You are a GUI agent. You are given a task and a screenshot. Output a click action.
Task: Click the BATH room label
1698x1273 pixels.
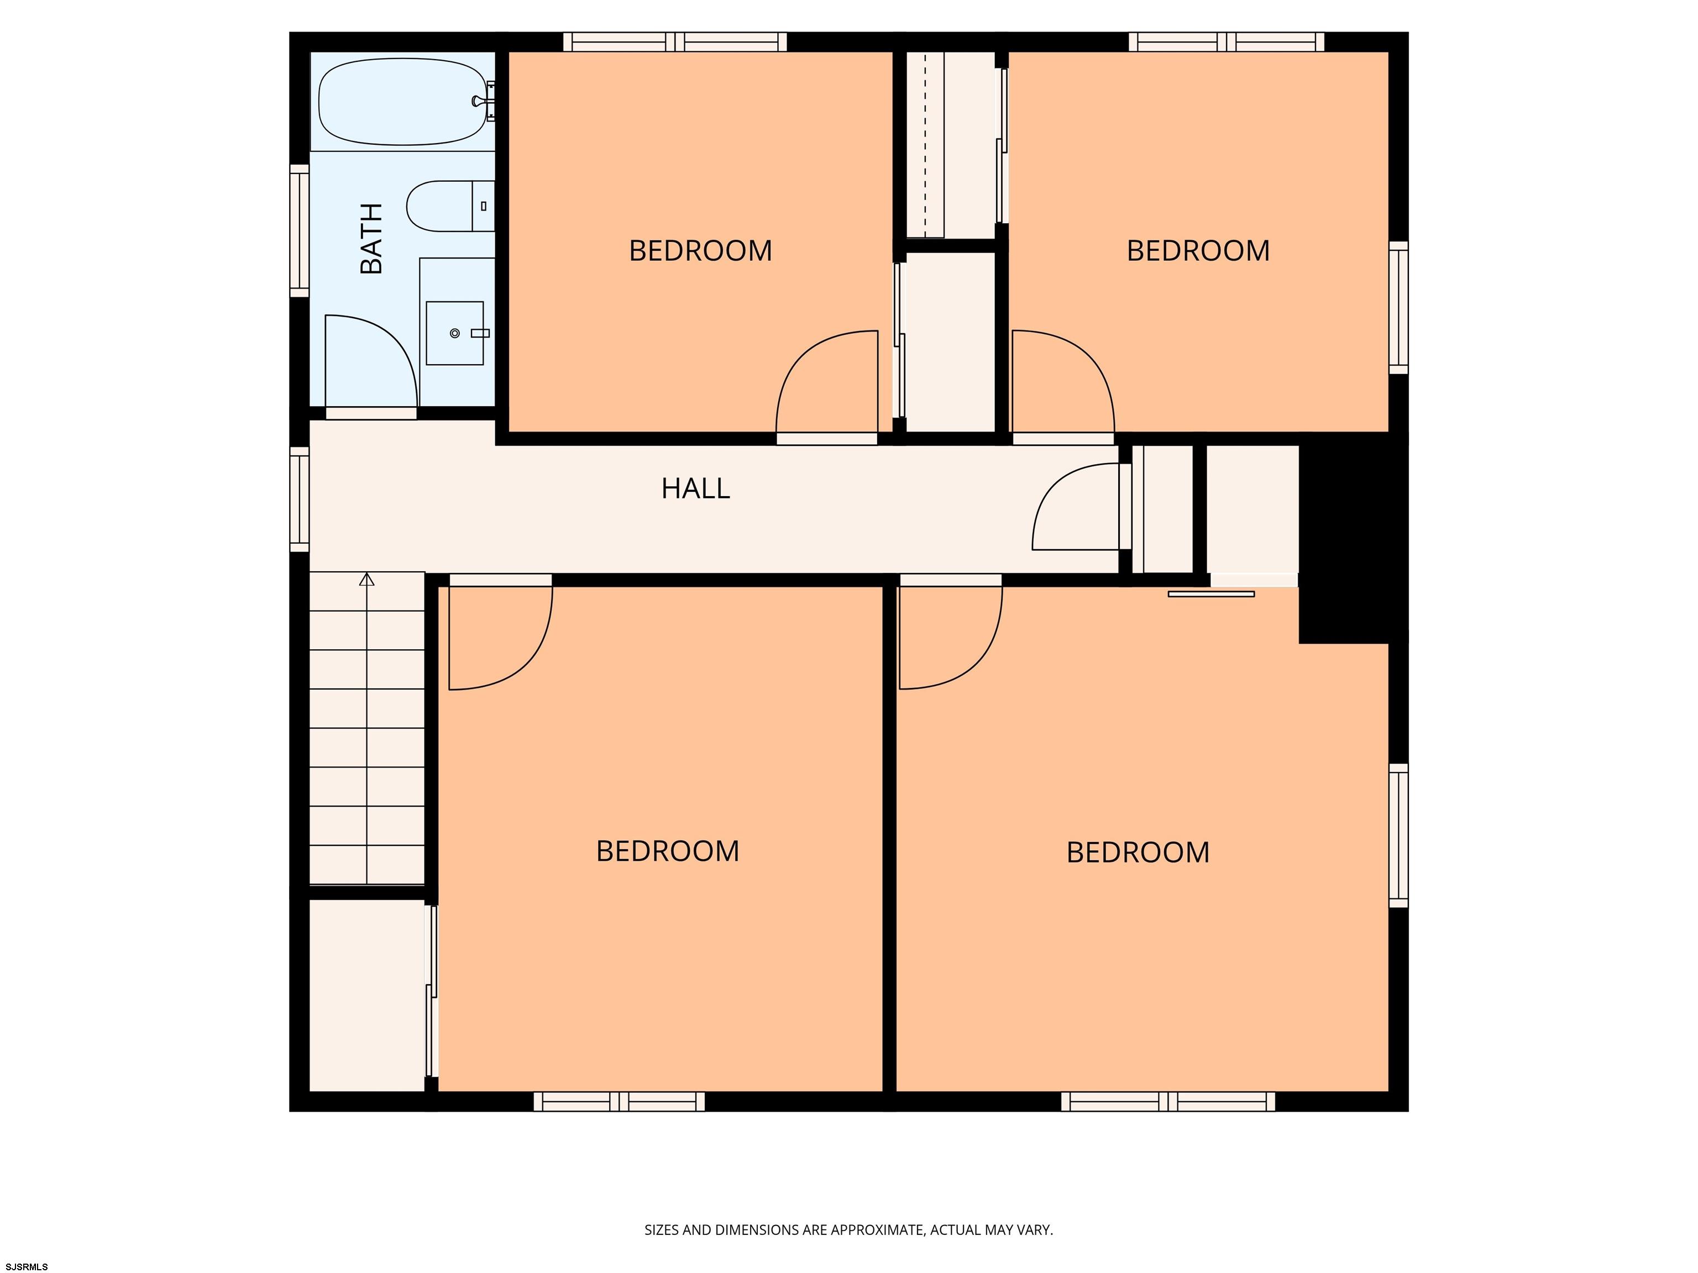pos(371,239)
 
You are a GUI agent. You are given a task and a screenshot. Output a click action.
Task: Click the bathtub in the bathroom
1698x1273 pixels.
pos(402,102)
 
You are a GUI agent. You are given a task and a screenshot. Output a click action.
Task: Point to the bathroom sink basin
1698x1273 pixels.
pos(454,333)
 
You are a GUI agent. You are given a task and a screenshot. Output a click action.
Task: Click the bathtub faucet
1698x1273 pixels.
pos(483,101)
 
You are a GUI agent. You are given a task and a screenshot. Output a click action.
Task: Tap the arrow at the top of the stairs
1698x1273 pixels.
pos(367,580)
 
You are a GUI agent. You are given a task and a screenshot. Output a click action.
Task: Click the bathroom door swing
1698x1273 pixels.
pos(371,361)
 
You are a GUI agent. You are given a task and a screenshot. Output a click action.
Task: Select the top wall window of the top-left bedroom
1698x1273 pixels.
pos(675,42)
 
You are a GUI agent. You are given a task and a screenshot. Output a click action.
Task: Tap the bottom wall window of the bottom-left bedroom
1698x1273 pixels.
pos(619,1101)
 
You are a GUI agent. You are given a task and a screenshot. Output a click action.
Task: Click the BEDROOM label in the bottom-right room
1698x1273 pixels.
pos(1138,853)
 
